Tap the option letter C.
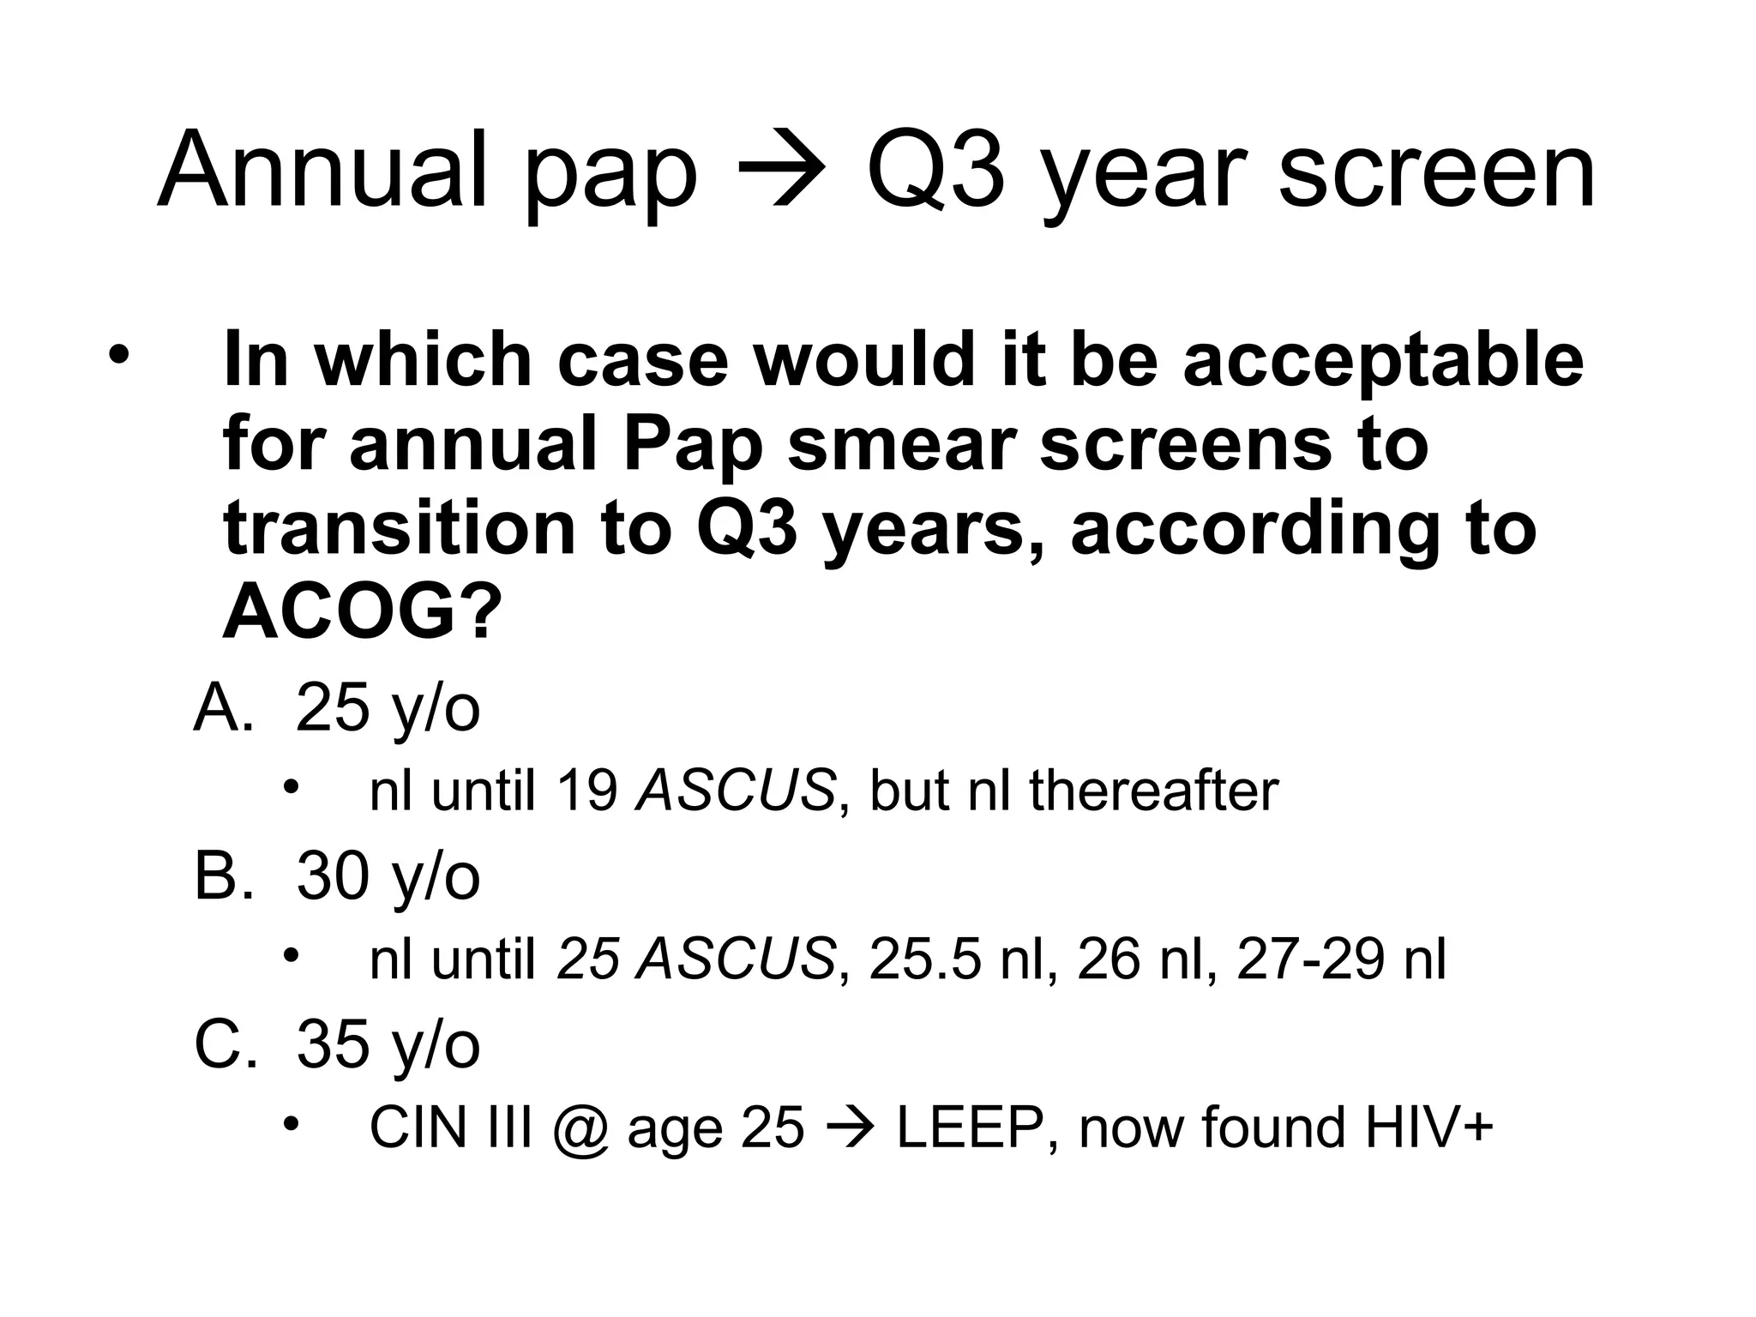click(x=224, y=1044)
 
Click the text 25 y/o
click(x=388, y=710)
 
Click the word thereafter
click(x=1153, y=791)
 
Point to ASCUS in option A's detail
click(x=735, y=791)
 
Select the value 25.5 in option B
click(x=924, y=959)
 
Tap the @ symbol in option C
click(x=580, y=1128)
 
